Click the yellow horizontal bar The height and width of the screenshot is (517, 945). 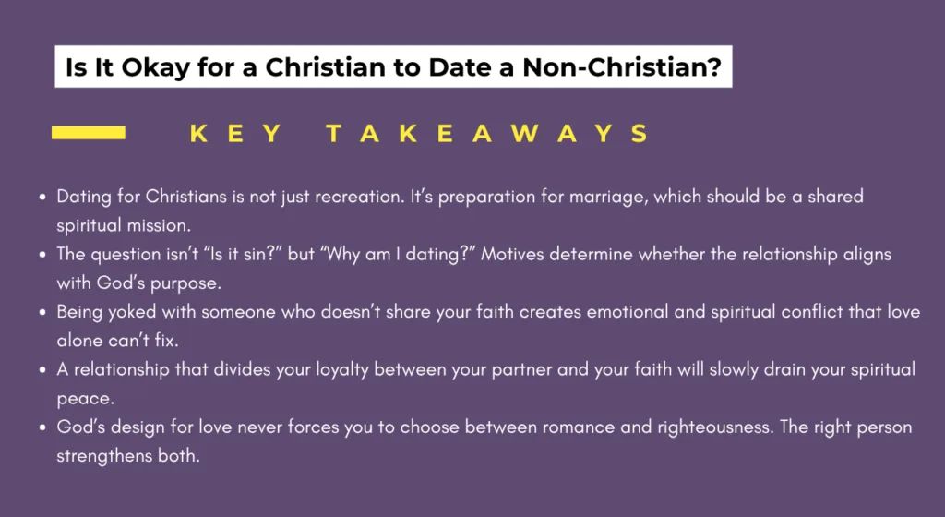point(89,133)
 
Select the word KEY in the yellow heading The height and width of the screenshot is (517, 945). point(236,134)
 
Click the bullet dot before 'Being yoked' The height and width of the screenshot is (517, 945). point(43,313)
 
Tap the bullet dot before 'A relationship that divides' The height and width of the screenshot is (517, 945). point(43,370)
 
